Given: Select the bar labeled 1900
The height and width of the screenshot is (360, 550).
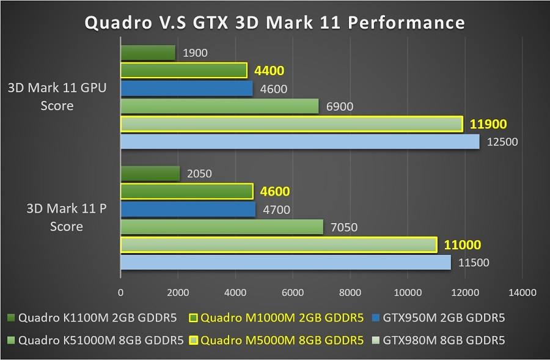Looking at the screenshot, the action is pyautogui.click(x=148, y=53).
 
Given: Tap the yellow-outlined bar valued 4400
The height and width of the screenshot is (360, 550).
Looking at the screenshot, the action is pyautogui.click(x=184, y=70).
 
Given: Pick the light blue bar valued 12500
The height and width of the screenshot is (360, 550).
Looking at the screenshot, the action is pyautogui.click(x=300, y=142).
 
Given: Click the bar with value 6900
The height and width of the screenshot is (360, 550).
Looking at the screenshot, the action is pyautogui.click(x=219, y=106).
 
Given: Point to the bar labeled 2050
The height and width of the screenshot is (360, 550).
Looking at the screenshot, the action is pyautogui.click(x=150, y=174).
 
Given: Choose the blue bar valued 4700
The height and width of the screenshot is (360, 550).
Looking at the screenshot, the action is pyautogui.click(x=188, y=210).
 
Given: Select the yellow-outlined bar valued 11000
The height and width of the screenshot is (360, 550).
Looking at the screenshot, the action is pyautogui.click(x=279, y=245).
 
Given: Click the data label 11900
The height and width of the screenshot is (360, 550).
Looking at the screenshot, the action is pyautogui.click(x=488, y=124).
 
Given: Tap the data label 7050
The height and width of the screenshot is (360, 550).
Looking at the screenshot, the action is pyautogui.click(x=344, y=227).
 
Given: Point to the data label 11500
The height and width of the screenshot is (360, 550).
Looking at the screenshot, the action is pyautogui.click(x=474, y=262).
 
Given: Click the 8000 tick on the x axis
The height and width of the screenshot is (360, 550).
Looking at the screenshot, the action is pyautogui.click(x=350, y=293).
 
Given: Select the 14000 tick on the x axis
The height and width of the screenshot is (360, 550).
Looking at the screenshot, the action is pyautogui.click(x=522, y=293).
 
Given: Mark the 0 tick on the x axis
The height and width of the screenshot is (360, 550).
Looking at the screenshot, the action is pyautogui.click(x=120, y=293).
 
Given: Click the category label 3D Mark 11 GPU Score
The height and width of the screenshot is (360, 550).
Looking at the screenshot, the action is pyautogui.click(x=57, y=97).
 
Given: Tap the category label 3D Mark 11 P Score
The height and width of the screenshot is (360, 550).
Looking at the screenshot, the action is pyautogui.click(x=66, y=218).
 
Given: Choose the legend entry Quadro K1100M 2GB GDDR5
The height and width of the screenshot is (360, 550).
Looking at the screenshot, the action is pyautogui.click(x=92, y=318).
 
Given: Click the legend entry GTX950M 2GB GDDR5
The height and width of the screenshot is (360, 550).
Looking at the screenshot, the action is pyautogui.click(x=438, y=318).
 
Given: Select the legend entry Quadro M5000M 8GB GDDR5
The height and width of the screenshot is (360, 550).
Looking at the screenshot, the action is pyautogui.click(x=276, y=340).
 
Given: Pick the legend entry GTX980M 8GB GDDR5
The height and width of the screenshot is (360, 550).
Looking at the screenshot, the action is pyautogui.click(x=438, y=340).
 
